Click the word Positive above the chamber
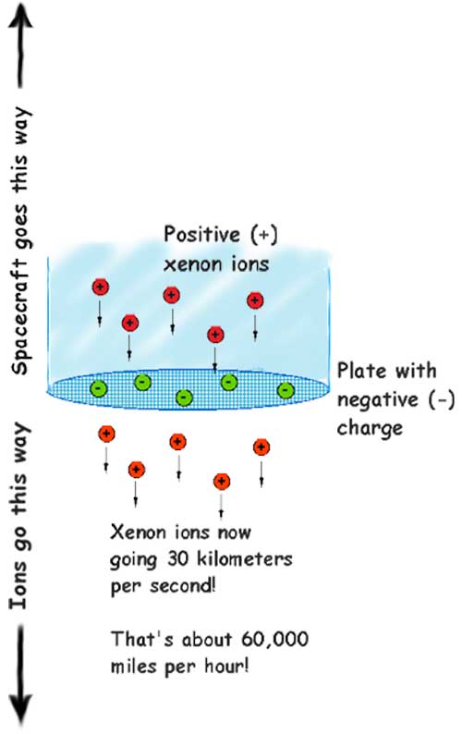pyautogui.click(x=201, y=234)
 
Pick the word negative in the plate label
pyautogui.click(x=378, y=399)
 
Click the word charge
pyautogui.click(x=370, y=428)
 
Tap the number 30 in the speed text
pyautogui.click(x=176, y=559)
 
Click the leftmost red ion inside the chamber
pyautogui.click(x=100, y=287)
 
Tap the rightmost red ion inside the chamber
pyautogui.click(x=255, y=300)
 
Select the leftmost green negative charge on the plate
pyautogui.click(x=98, y=388)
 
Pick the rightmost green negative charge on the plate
pyautogui.click(x=286, y=389)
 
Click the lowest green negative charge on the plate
pyautogui.click(x=184, y=398)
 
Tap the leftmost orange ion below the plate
pyautogui.click(x=106, y=434)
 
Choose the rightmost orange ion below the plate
pyautogui.click(x=261, y=447)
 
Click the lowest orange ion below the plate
pyautogui.click(x=222, y=482)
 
